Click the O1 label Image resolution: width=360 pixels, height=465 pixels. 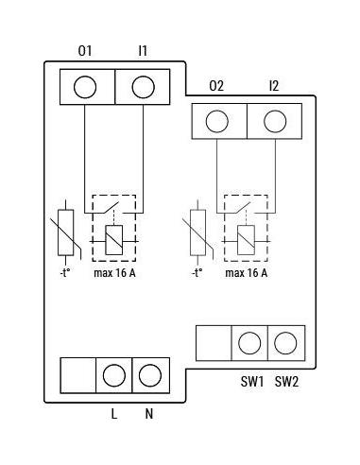pos(85,51)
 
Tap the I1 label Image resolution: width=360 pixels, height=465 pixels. pos(143,51)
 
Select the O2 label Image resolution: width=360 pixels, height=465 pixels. pos(216,86)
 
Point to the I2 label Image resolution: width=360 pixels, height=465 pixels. pos(274,86)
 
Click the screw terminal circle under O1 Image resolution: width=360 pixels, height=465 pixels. pos(85,87)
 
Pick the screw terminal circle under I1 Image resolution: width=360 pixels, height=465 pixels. pos(144,87)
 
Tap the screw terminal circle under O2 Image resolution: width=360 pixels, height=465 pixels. pos(217,121)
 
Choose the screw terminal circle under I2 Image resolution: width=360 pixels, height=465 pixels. pos(275,121)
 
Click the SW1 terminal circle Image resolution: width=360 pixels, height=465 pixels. pos(249,343)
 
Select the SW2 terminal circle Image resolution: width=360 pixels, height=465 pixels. pos(285,343)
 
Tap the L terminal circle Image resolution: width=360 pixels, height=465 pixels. pos(114,375)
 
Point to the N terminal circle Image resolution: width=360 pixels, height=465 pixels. pos(150,375)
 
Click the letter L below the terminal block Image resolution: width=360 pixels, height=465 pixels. pos(114,414)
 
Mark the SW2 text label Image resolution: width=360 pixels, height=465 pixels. pos(286,382)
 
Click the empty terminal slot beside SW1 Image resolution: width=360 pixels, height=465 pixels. pos(214,343)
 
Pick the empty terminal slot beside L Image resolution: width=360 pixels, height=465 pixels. pos(78,375)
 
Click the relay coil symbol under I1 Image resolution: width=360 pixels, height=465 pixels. pos(114,240)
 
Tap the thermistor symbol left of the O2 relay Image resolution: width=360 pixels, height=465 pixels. pos(198,232)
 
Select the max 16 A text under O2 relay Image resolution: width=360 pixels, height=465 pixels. pos(247,273)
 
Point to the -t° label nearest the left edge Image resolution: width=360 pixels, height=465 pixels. pos(64,273)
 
